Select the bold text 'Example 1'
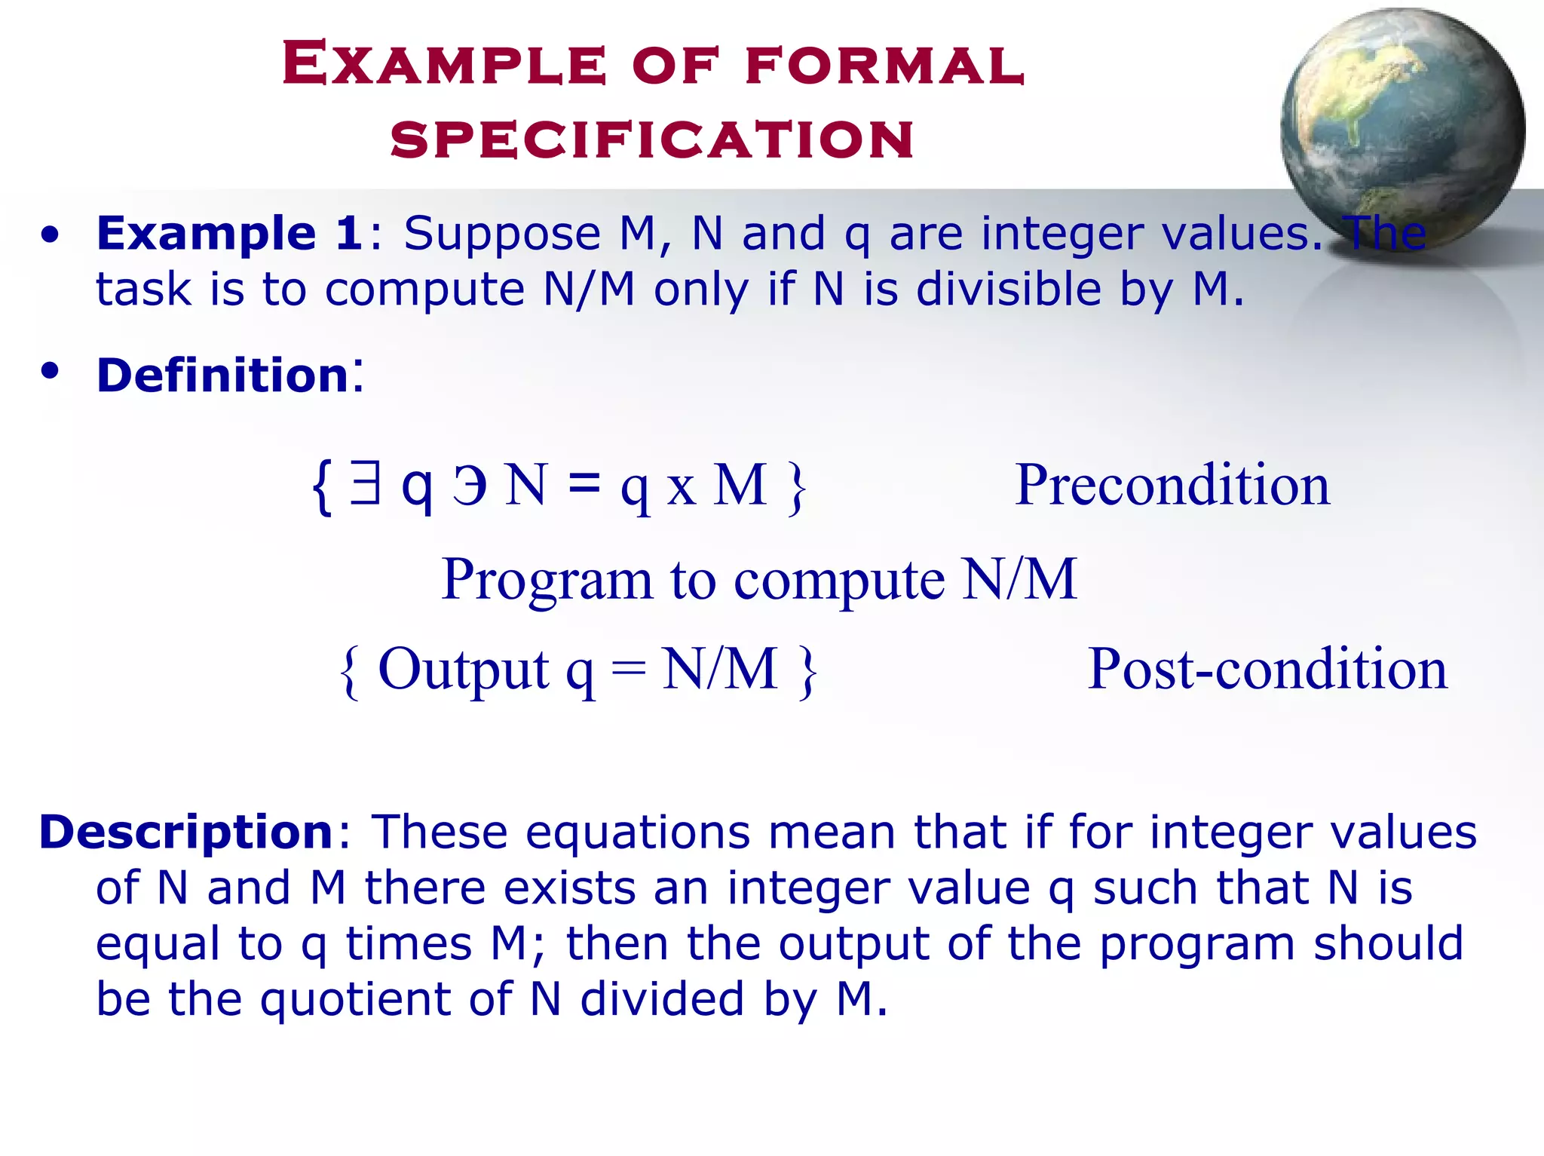coord(230,233)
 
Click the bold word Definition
coord(222,375)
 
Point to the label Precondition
coord(1172,485)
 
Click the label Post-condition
coord(1267,669)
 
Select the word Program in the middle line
coord(547,579)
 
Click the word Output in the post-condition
coord(463,669)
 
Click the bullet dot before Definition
coord(50,371)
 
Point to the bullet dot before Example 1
coord(50,235)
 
